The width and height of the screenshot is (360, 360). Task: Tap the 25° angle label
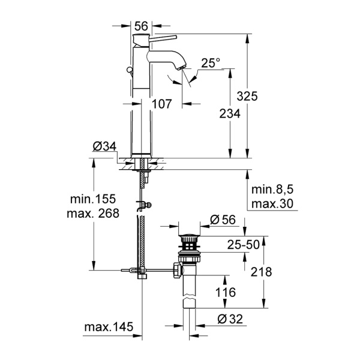pos(210,62)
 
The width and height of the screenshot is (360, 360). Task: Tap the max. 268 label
pos(94,213)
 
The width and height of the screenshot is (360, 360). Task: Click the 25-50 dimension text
pos(225,244)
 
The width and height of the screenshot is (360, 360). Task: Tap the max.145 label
pos(109,328)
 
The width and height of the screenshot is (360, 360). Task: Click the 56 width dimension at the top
pos(142,26)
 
